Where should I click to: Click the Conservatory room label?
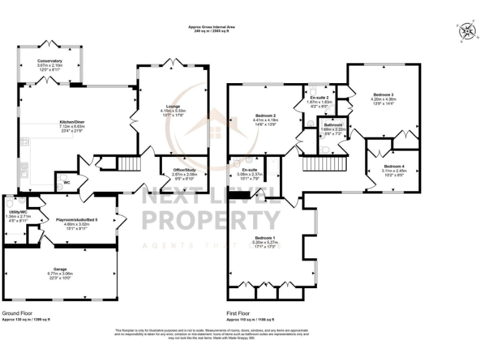click(49, 61)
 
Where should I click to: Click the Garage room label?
click(60, 269)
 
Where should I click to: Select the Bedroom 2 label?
click(264, 116)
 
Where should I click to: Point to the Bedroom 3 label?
click(382, 94)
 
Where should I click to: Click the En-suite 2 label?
click(319, 98)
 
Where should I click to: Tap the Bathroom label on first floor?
click(333, 125)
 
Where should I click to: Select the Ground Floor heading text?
click(17, 312)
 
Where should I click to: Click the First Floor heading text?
click(238, 312)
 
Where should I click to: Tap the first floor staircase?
click(316, 164)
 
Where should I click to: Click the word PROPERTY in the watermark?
click(211, 220)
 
